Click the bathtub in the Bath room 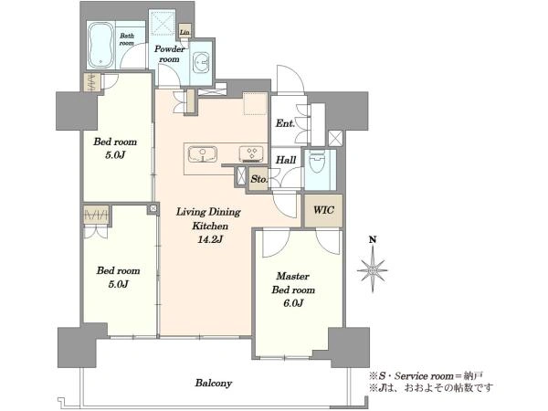(100, 46)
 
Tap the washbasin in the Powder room (201, 63)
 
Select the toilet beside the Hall (317, 163)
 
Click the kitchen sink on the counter (203, 154)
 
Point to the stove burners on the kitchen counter (251, 154)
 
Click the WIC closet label (323, 210)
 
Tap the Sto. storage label (258, 179)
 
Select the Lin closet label (184, 32)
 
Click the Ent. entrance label (285, 123)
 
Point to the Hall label (286, 160)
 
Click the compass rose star (373, 269)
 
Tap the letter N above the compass (373, 239)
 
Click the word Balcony (214, 384)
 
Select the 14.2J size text (210, 239)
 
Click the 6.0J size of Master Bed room (293, 303)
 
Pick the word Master (293, 276)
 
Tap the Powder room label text (170, 54)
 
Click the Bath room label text (127, 39)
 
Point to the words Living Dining (208, 212)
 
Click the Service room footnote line (427, 376)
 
